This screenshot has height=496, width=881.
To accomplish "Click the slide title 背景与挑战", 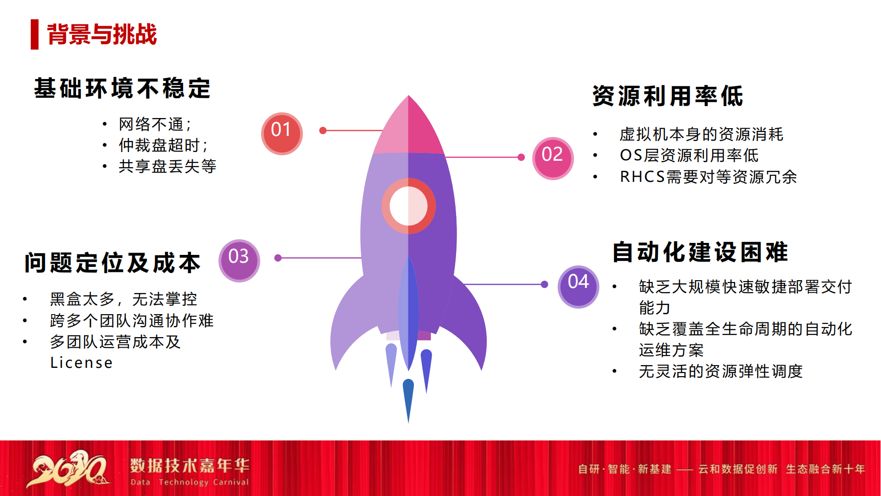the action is coord(102,34).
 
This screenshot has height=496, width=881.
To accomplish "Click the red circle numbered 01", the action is coord(282,134).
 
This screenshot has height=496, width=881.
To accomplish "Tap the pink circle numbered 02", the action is coord(553,158).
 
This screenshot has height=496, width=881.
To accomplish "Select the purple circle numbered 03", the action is coord(239,261).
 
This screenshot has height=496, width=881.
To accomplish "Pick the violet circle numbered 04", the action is coord(579,287).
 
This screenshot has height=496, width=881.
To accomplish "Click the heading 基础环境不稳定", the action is coord(123,88).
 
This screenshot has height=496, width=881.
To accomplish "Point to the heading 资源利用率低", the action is coord(668,96).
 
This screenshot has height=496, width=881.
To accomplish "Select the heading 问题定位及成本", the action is coord(113,263).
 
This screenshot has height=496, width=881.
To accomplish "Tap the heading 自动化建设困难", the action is coord(700,252).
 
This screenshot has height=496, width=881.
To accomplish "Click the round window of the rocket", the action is coord(408,206).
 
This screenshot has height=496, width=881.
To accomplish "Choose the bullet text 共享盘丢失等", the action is coord(167,166).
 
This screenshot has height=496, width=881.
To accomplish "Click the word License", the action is coord(82,363).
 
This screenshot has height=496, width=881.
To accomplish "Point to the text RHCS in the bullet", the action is coord(642,177).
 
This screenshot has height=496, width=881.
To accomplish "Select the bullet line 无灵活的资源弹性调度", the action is coord(721,371).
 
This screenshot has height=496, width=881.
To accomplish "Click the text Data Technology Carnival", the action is coord(190,482).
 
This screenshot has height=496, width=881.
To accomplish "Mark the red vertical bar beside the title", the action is coord(34,34).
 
